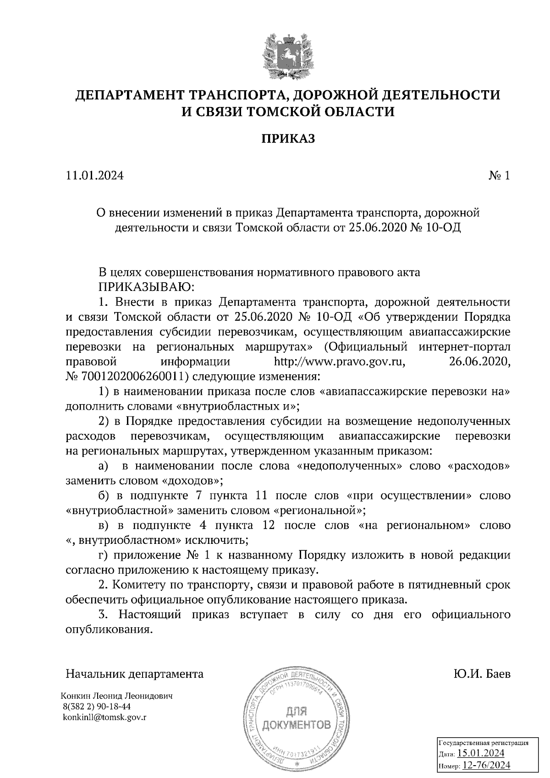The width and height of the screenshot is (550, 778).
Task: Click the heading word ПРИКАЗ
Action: [288, 139]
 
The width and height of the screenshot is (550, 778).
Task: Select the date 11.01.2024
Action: [95, 176]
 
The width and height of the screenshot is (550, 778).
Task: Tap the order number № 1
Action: [499, 176]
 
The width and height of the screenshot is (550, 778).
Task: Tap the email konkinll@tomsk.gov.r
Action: [106, 718]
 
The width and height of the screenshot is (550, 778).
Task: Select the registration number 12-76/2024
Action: [486, 765]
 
